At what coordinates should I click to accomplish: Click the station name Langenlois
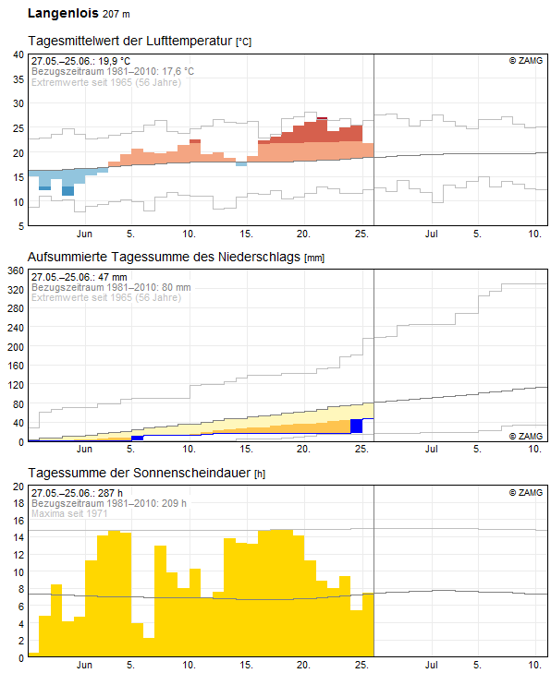coord(63,13)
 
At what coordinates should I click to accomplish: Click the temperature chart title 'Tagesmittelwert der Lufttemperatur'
coord(130,41)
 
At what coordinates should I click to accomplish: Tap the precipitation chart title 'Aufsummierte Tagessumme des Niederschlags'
coord(164,257)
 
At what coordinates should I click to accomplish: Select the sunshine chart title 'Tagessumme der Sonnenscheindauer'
coord(140,473)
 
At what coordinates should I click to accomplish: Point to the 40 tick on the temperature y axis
coord(18,55)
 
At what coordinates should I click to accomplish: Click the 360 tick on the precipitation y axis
coord(16,270)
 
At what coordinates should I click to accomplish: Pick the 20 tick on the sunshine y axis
coord(18,487)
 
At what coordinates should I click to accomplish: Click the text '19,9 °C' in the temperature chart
coord(114,61)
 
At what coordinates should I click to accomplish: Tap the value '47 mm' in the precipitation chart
coord(112,277)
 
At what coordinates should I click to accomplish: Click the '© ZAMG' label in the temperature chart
coord(526,61)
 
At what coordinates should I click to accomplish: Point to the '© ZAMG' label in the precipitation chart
coord(526,436)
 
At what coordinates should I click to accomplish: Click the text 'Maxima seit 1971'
coord(69,513)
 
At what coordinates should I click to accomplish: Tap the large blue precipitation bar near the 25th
coord(356,427)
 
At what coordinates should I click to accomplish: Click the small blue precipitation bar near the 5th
coord(137,438)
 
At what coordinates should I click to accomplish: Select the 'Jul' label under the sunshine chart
coord(431,665)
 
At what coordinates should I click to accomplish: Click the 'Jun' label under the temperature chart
coord(84,234)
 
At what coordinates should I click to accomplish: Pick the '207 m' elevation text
coord(116,14)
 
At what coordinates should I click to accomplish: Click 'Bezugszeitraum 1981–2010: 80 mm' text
coord(111,287)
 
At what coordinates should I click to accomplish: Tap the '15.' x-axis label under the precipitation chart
coord(246,449)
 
